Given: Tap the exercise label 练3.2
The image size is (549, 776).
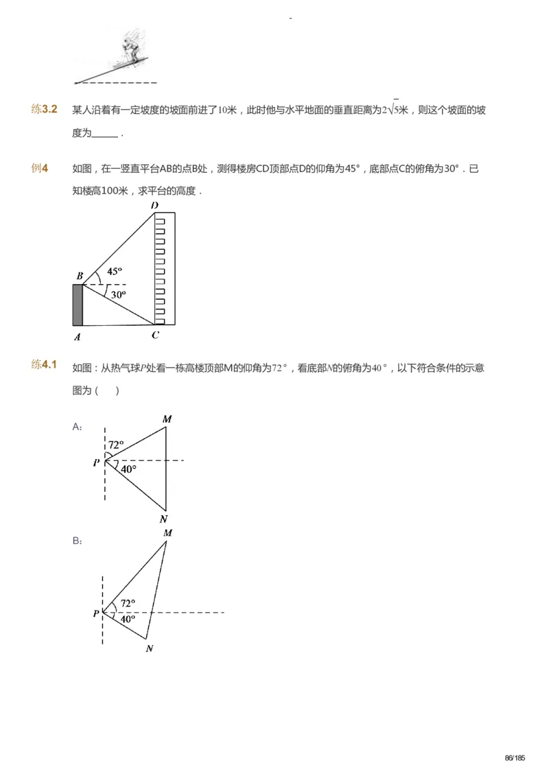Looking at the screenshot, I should click(44, 110).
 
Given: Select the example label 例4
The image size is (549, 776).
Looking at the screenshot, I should click(39, 168).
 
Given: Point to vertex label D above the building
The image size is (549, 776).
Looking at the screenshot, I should click(154, 205).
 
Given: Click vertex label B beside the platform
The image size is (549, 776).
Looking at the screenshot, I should click(80, 276).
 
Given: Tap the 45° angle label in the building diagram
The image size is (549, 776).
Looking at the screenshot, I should click(115, 270).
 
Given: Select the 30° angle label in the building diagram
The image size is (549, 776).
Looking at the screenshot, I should click(119, 294).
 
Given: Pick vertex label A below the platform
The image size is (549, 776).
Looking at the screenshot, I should click(78, 336).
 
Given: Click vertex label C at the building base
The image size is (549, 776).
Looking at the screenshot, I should click(155, 336).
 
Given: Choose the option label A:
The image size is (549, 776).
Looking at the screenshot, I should click(78, 427).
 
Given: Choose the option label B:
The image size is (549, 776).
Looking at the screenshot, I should click(78, 541).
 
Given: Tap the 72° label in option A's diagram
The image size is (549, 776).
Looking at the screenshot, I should click(115, 444).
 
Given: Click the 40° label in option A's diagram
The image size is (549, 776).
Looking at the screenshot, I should click(128, 469).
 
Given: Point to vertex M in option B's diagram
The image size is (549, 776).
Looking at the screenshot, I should click(167, 532).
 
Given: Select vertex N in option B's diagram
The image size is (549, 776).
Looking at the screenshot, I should click(149, 648).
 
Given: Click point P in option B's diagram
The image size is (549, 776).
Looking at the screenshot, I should click(96, 613).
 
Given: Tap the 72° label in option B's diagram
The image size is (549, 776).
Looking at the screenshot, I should click(128, 604).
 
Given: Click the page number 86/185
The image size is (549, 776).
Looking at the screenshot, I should click(514, 758).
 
